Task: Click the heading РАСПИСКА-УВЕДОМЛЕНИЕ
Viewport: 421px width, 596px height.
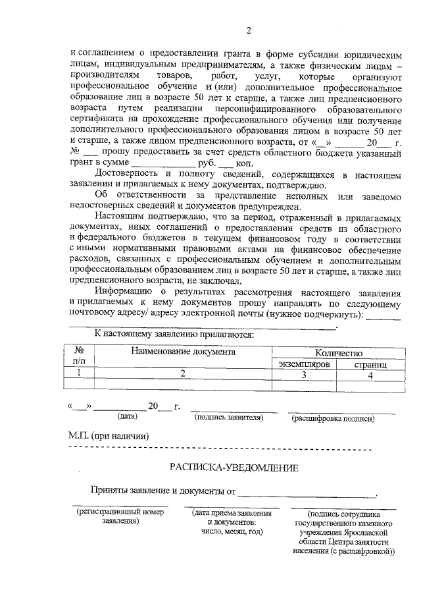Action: click(x=234, y=468)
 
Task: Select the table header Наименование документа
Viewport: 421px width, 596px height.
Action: click(x=183, y=352)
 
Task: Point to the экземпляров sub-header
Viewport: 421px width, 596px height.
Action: click(x=303, y=364)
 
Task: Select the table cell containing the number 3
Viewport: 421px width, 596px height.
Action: click(x=303, y=374)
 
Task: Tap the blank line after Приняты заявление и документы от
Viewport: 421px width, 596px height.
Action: click(x=307, y=492)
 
